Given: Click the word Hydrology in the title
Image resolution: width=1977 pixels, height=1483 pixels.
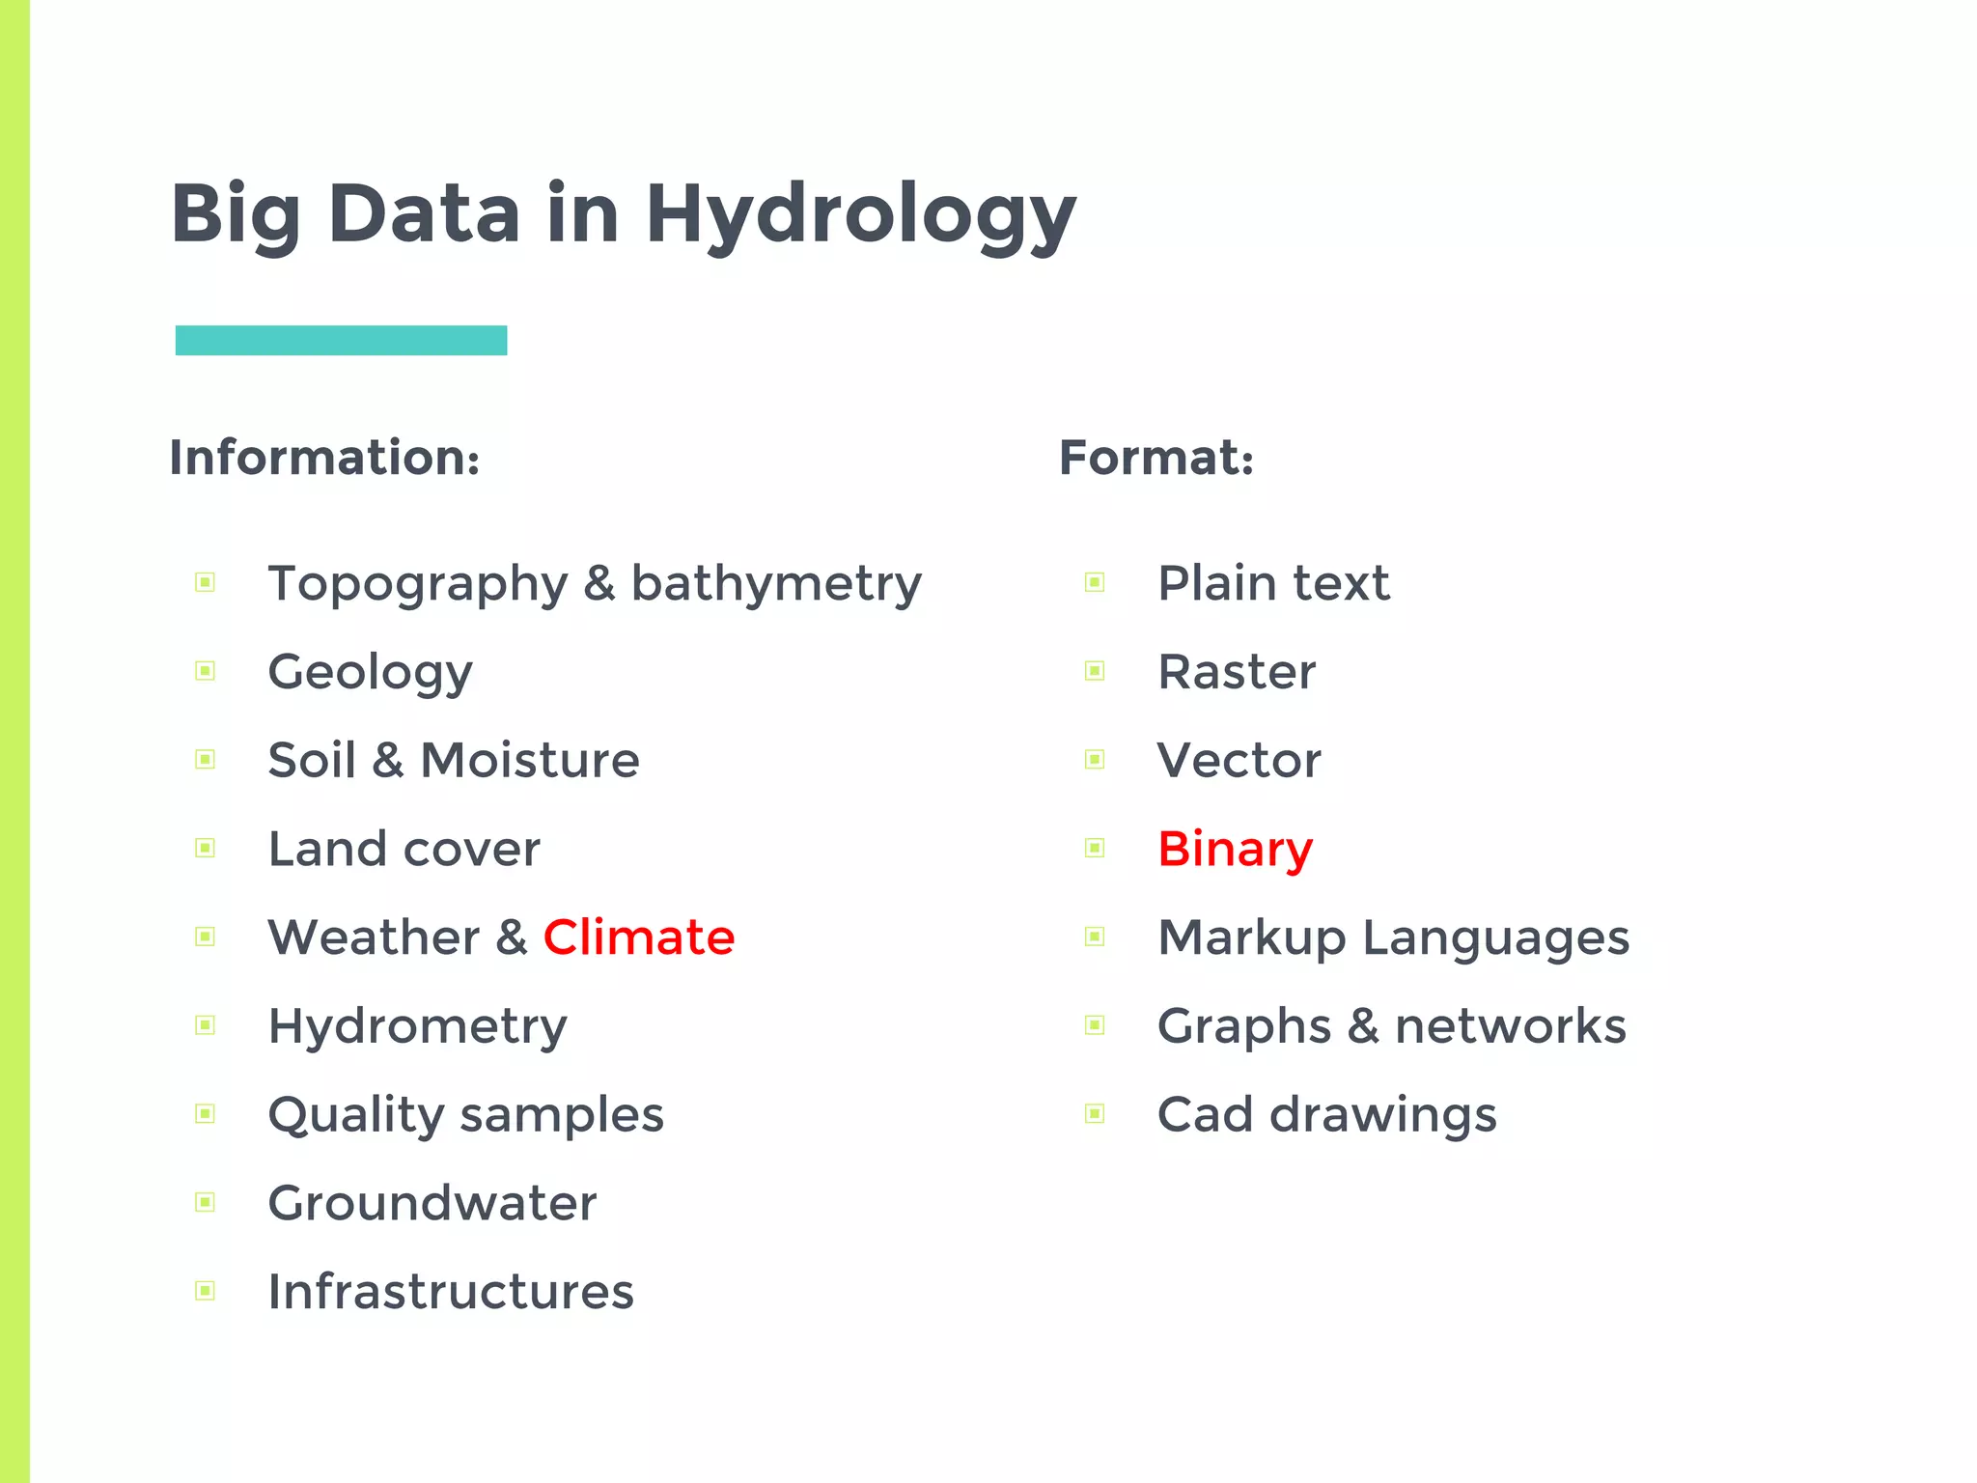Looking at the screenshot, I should click(x=860, y=214).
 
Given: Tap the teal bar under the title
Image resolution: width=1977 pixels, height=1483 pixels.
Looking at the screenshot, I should click(x=341, y=341).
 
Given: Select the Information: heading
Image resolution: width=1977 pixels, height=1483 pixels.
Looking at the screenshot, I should click(x=324, y=458).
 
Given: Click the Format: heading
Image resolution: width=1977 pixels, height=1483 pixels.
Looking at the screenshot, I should click(x=1156, y=458).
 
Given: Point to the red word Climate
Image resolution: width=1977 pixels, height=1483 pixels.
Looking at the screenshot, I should click(x=639, y=937).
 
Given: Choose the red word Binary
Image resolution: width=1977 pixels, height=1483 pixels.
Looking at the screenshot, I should click(x=1235, y=850).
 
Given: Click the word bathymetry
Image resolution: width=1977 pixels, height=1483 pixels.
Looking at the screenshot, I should click(x=776, y=584).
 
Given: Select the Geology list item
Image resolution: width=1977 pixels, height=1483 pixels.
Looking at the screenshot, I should click(x=371, y=672).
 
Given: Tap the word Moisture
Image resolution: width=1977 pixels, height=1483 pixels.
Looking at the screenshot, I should click(x=530, y=761).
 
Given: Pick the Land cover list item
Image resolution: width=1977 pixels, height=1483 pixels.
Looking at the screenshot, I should click(x=404, y=850).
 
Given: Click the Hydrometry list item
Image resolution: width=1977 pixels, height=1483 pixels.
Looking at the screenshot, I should click(x=418, y=1026).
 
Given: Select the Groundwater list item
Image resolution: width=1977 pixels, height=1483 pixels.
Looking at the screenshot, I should click(x=432, y=1203).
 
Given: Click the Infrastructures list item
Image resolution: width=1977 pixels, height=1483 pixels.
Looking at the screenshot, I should click(x=451, y=1292).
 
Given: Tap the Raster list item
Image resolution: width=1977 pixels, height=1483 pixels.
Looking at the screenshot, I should click(x=1237, y=672).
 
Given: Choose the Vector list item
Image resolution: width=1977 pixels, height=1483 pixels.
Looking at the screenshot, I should click(x=1239, y=761).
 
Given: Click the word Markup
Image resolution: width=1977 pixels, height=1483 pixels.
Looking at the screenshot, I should click(x=1252, y=938).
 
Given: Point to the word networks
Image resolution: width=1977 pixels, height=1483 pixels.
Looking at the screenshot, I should click(x=1511, y=1026).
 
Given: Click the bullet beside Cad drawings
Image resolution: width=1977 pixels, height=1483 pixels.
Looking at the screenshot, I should click(x=1095, y=1114).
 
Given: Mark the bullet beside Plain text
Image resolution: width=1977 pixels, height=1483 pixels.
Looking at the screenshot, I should click(x=1095, y=582).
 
